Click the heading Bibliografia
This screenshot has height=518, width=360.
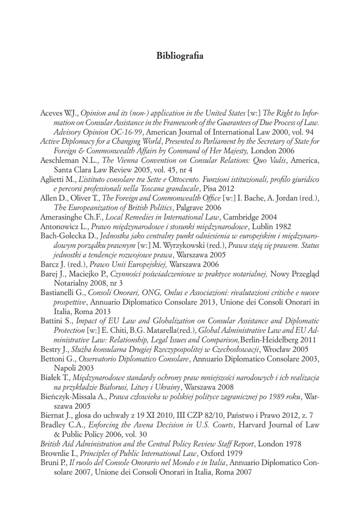point(180,55)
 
